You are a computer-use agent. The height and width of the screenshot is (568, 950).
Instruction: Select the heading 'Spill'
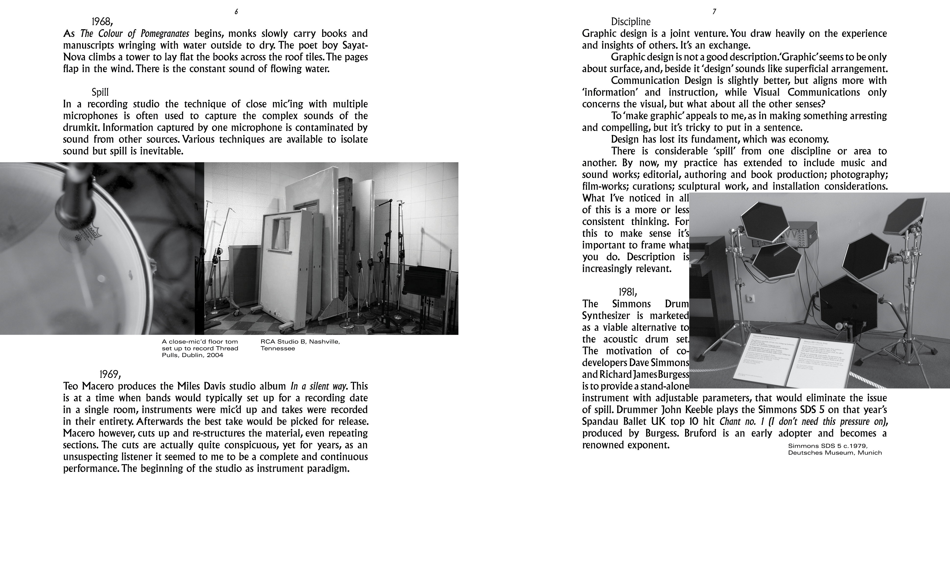pyautogui.click(x=100, y=92)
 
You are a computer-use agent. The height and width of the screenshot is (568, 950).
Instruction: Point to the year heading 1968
pyautogui.click(x=102, y=21)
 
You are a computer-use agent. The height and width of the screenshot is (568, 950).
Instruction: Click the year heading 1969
pyautogui.click(x=110, y=374)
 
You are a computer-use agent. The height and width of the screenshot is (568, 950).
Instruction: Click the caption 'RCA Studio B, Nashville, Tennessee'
pyautogui.click(x=300, y=345)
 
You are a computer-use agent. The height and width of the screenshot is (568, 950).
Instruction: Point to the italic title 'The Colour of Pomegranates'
pyautogui.click(x=135, y=33)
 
